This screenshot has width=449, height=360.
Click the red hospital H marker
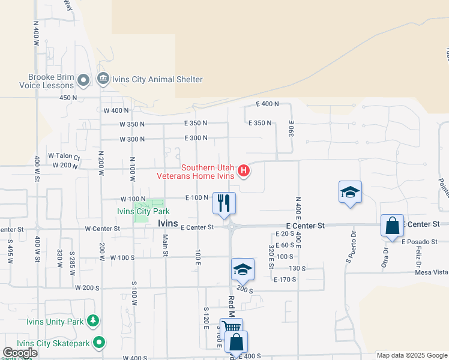click(x=244, y=172)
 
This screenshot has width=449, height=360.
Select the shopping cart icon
click(x=231, y=328)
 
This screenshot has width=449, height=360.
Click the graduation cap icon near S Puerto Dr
click(x=350, y=191)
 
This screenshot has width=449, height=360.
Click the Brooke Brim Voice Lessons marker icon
click(x=83, y=80)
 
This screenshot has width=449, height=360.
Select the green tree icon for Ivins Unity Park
click(x=93, y=321)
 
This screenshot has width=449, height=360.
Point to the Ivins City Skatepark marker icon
click(x=100, y=343)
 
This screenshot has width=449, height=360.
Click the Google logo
click(x=20, y=353)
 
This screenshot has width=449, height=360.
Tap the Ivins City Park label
click(x=143, y=211)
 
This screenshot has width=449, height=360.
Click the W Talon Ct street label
click(x=64, y=156)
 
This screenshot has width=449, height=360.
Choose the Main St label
click(x=165, y=244)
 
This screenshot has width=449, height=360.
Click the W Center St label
click(x=103, y=228)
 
